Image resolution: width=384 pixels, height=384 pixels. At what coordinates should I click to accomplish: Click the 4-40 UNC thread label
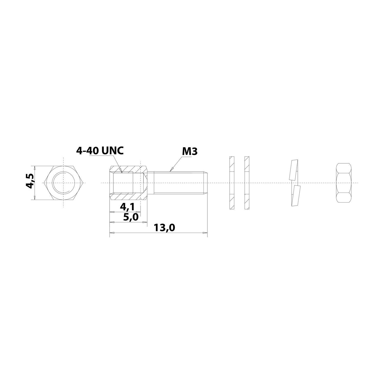tap(100, 151)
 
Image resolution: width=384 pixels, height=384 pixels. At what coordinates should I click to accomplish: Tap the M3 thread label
tap(190, 152)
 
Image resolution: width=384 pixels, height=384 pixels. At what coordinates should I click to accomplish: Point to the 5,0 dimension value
tap(131, 217)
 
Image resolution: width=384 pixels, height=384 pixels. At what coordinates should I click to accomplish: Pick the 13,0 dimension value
tap(164, 228)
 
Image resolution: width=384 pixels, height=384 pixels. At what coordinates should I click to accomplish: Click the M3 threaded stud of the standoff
tap(179, 183)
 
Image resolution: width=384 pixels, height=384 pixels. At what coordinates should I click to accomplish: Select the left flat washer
tap(232, 183)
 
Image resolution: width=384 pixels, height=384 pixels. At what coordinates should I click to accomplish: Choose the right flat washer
tap(247, 183)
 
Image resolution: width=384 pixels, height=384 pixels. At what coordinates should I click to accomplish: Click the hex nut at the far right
tap(343, 183)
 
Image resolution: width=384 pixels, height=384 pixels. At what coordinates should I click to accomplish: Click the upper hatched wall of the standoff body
tap(128, 169)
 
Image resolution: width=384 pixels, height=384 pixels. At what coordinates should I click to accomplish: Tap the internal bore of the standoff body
tap(123, 183)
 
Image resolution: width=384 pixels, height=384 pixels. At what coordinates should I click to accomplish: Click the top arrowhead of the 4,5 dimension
tap(34, 168)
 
